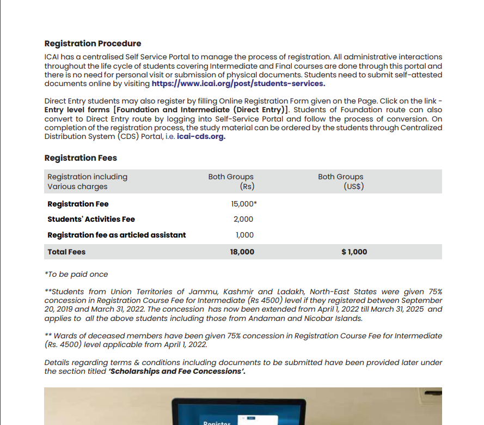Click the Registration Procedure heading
(93, 44)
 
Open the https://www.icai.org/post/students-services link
(238, 84)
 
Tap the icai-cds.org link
(201, 137)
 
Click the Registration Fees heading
(81, 158)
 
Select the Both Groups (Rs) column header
(231, 181)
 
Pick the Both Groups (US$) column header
(341, 181)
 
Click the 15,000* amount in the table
(244, 204)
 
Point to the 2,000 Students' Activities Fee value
(243, 220)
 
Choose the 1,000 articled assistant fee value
(244, 235)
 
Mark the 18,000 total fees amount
(242, 252)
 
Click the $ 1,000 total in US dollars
(354, 252)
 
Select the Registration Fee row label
(78, 204)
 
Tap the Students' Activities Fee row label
(91, 220)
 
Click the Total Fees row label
(66, 252)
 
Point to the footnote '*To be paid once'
(76, 274)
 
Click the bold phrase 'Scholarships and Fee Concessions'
(175, 371)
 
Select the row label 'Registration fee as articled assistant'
(117, 235)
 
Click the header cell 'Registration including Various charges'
(87, 181)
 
